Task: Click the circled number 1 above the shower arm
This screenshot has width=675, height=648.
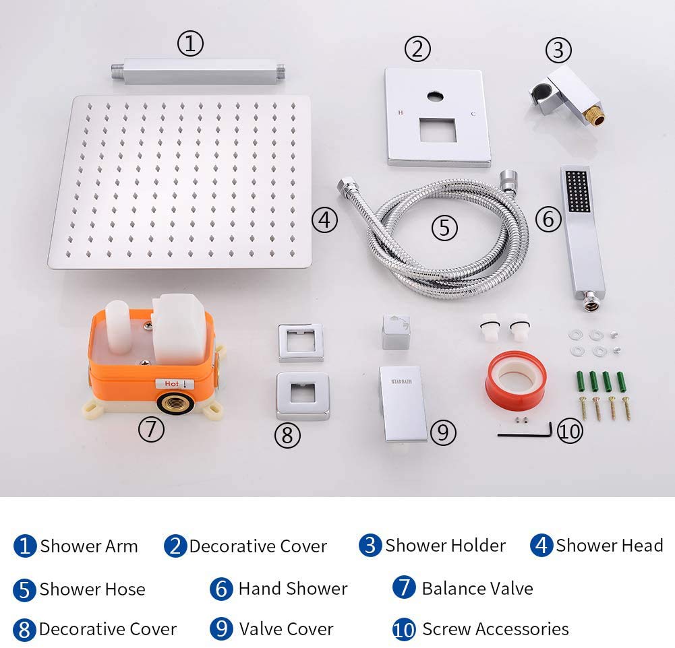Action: click(x=190, y=44)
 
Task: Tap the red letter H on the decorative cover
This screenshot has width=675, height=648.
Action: click(x=401, y=112)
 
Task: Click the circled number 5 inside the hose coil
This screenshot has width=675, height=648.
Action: click(x=444, y=228)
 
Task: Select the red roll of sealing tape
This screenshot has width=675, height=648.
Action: click(x=515, y=381)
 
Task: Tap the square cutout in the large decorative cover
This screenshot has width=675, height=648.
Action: click(x=437, y=129)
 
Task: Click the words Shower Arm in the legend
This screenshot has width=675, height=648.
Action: click(x=88, y=546)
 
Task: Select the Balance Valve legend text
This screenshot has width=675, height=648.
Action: click(x=477, y=588)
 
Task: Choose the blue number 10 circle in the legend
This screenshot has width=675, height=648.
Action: click(x=404, y=629)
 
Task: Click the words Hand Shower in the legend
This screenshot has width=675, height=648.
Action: click(x=293, y=588)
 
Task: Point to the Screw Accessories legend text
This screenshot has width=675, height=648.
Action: click(x=495, y=629)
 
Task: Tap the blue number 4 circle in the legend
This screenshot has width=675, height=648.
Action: click(x=541, y=546)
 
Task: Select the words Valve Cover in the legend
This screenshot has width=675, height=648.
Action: click(x=286, y=629)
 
